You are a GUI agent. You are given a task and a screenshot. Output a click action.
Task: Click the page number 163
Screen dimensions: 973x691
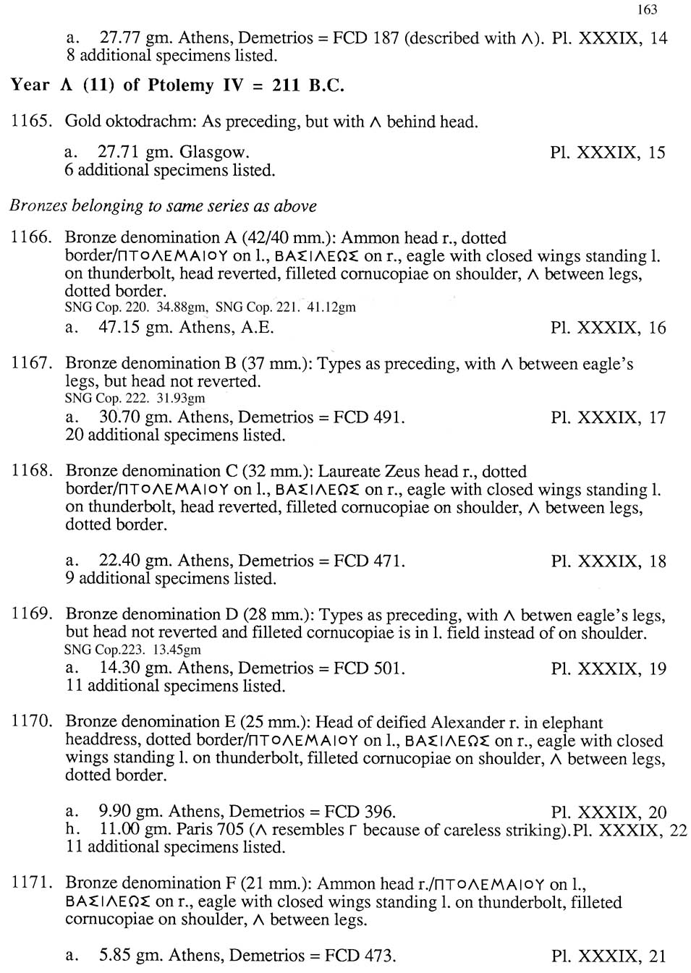(648, 9)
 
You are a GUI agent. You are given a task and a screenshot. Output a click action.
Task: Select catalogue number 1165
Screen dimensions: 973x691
(31, 121)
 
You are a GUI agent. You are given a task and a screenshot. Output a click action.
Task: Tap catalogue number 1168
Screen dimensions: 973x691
(31, 472)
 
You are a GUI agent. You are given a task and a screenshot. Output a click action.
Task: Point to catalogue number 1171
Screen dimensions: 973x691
(31, 883)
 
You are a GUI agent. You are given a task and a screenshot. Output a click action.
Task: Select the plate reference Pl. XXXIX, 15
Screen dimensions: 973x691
(607, 153)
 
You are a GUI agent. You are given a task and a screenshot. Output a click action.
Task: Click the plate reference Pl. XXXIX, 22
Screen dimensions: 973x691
(629, 830)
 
